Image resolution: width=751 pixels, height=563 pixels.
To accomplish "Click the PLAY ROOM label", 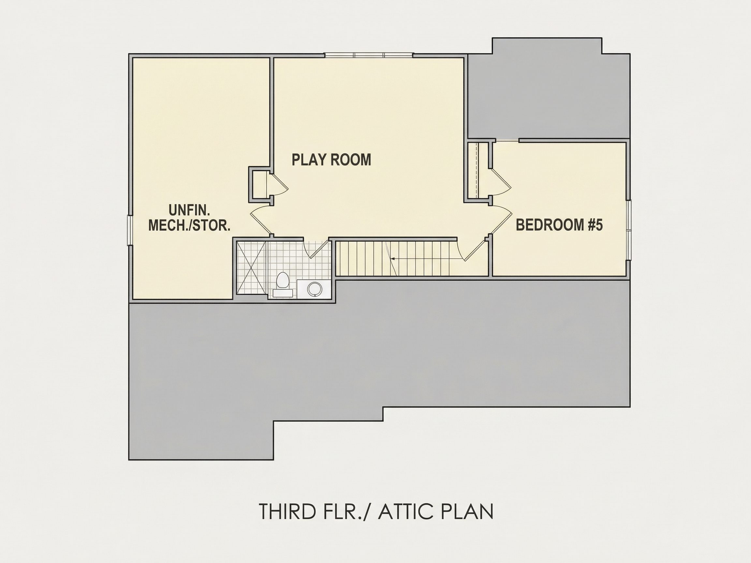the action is [x=331, y=160].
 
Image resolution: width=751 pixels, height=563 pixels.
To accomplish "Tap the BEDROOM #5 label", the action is [x=559, y=225].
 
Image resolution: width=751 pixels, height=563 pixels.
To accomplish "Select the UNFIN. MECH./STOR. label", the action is [x=189, y=218].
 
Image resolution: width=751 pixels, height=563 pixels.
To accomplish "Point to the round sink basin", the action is [x=314, y=289].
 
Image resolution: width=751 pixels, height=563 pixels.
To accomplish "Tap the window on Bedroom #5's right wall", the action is [x=629, y=230].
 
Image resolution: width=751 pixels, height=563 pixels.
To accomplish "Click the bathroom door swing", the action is [x=316, y=248].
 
